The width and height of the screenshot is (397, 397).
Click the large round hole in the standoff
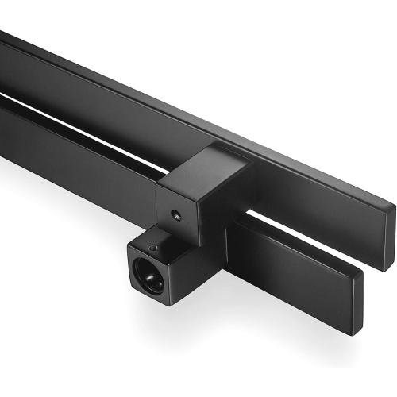click(151, 277)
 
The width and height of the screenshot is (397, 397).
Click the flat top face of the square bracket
click(202, 168)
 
